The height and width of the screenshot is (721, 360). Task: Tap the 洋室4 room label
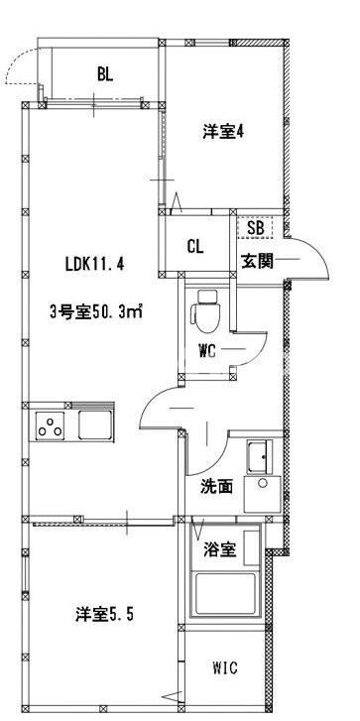(223, 132)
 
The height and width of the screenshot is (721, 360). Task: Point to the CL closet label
(195, 247)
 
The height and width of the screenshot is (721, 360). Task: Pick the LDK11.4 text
(94, 266)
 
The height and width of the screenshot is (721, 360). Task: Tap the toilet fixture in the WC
(207, 311)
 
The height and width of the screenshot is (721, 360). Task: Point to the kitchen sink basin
(95, 427)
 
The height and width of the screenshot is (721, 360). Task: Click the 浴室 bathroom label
(221, 550)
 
